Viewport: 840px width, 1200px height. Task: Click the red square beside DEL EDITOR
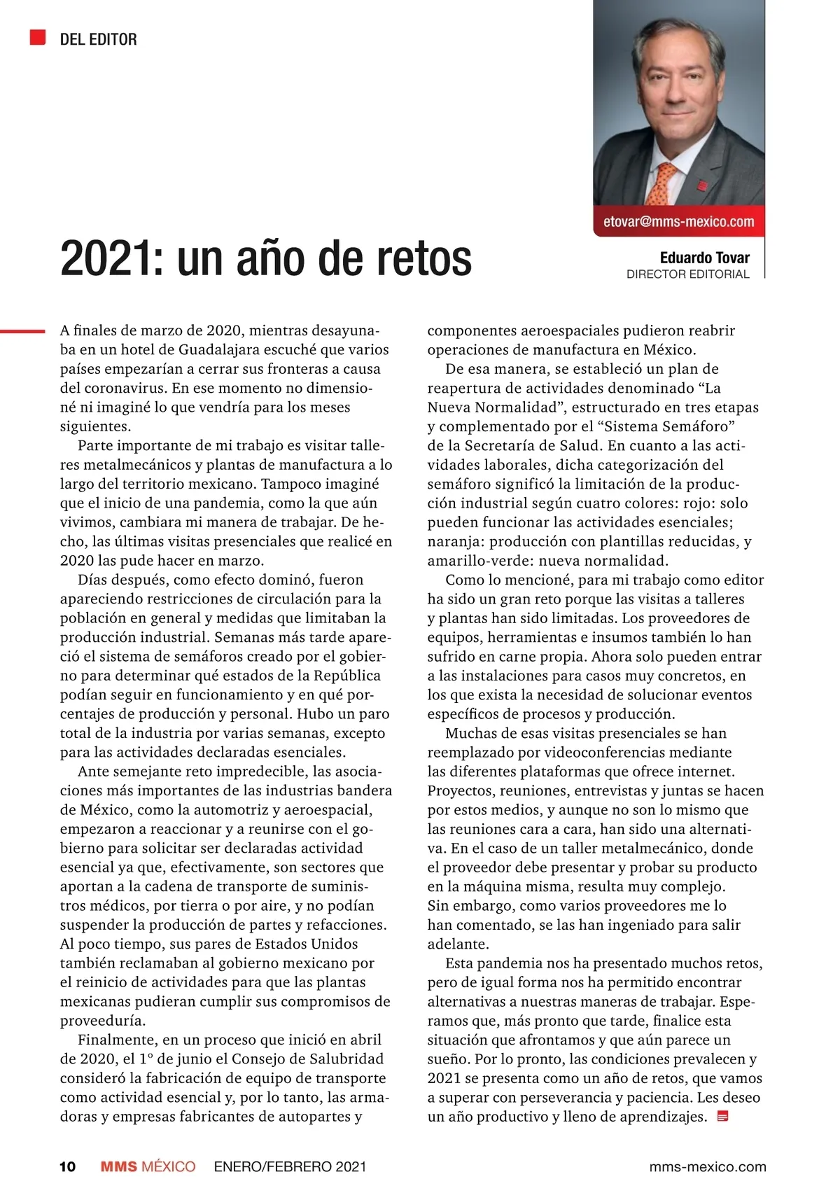coord(38,38)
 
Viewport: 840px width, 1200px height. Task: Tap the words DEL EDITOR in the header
coord(99,40)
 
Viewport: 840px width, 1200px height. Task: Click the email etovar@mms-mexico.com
coord(678,222)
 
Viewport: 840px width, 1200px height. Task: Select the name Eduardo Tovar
coord(704,258)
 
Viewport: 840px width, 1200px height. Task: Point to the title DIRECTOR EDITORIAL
coord(687,274)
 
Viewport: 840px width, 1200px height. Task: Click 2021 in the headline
coord(105,259)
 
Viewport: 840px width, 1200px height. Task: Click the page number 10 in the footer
coord(67,1167)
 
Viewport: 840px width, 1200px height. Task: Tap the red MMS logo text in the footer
coord(119,1167)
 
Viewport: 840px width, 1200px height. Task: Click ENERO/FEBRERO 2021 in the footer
coord(290,1167)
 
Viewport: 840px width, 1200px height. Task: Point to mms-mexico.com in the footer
coord(708,1167)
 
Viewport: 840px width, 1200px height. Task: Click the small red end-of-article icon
coord(724,1117)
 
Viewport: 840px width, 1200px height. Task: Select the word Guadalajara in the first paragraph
coord(223,349)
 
